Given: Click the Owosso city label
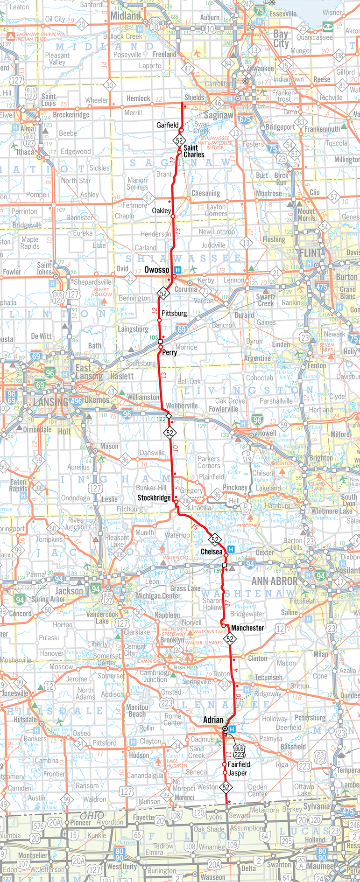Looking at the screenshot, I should point(157,270).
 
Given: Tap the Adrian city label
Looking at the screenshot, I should point(213,720).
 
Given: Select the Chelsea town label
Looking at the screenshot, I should point(212,552).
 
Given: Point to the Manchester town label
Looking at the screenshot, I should point(247,628).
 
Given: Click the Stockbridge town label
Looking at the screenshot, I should point(154,498).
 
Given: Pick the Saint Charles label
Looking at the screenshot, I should point(193,151).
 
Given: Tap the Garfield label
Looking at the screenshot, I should point(167,125).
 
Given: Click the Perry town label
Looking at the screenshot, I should point(169,352).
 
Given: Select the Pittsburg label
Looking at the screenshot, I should point(174,313).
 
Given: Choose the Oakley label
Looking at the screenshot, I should point(162,210).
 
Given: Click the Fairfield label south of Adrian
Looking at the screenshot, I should point(239,764).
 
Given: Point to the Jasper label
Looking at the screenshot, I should point(238,773).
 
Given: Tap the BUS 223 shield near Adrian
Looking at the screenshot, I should point(240,751).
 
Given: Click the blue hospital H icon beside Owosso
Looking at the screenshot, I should point(177,270).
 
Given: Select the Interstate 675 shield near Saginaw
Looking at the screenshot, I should point(245,119).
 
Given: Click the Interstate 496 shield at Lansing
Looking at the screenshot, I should point(76,401).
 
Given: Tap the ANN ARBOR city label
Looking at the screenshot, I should point(275,581).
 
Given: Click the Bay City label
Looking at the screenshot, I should point(281,38).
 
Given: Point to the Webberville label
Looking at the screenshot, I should point(182,406).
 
